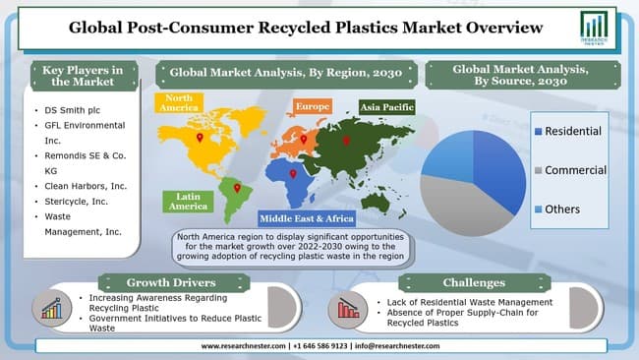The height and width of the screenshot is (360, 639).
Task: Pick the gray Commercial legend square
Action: coord(537,170)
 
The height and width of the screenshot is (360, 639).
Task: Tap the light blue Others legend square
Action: coord(537,209)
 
